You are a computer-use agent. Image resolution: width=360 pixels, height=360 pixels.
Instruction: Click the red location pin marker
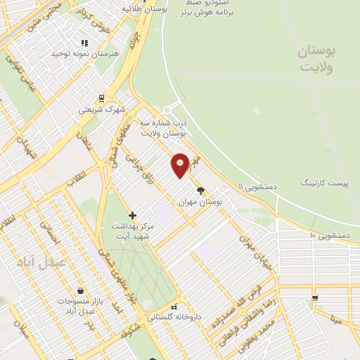tap(181, 165)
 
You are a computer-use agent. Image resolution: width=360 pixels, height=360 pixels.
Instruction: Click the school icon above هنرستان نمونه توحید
tap(85, 42)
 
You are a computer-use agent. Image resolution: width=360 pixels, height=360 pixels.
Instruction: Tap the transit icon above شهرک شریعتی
tap(101, 98)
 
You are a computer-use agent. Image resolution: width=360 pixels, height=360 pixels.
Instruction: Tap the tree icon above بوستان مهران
tap(201, 190)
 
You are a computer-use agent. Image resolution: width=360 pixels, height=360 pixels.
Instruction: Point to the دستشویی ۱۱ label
tap(259, 187)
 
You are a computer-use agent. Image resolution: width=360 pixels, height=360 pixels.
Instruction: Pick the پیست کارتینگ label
tap(324, 183)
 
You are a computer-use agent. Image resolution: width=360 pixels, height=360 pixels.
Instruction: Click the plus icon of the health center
tap(133, 214)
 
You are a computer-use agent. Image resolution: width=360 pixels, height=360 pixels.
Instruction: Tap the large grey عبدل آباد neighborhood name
tap(41, 261)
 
